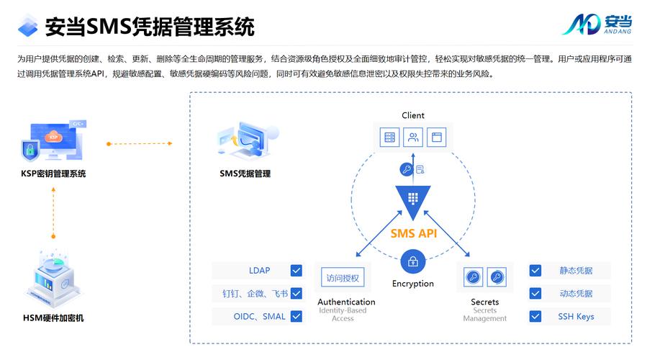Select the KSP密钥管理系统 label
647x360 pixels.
click(53, 174)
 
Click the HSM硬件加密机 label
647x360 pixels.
click(53, 318)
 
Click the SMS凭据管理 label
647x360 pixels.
click(245, 174)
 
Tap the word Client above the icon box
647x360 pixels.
click(413, 115)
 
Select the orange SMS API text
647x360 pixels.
click(413, 233)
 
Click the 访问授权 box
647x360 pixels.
click(342, 278)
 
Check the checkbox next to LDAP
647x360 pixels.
click(296, 271)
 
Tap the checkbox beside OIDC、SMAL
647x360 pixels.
click(296, 316)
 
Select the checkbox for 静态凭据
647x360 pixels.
click(535, 271)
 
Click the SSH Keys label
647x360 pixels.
click(576, 316)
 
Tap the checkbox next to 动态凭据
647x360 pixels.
click(535, 294)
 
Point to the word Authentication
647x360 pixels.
click(346, 302)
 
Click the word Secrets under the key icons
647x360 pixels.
click(485, 302)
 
